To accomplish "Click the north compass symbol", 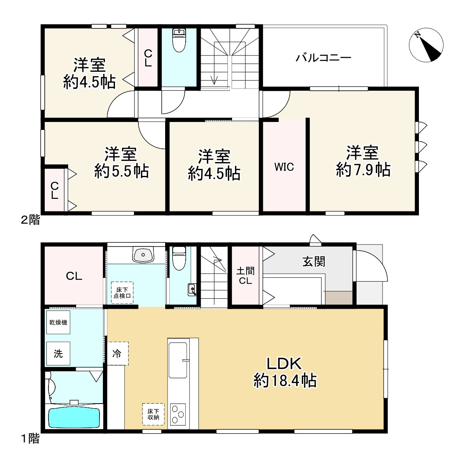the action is pyautogui.click(x=426, y=45).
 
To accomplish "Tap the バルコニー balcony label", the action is pyautogui.click(x=323, y=58).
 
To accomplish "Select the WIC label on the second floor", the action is pyautogui.click(x=284, y=167).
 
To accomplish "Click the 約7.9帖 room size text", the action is pyautogui.click(x=363, y=170).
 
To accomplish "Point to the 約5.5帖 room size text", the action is pyautogui.click(x=121, y=171).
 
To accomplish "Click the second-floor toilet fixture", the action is pyautogui.click(x=180, y=40).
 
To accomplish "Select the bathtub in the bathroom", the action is pyautogui.click(x=74, y=417).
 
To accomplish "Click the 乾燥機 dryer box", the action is pyautogui.click(x=59, y=322).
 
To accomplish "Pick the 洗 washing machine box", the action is pyautogui.click(x=59, y=353).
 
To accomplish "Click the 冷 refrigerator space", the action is pyautogui.click(x=118, y=353).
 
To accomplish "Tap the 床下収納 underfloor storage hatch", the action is pyautogui.click(x=153, y=414).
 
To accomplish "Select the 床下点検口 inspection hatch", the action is pyautogui.click(x=122, y=292).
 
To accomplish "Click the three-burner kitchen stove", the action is pyautogui.click(x=178, y=414).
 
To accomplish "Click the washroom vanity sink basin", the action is pyautogui.click(x=143, y=255).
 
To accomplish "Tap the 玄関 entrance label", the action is pyautogui.click(x=314, y=262).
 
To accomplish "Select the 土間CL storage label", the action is pyautogui.click(x=245, y=276).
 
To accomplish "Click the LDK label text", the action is pyautogui.click(x=284, y=363).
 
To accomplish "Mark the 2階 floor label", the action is pyautogui.click(x=30, y=220).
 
